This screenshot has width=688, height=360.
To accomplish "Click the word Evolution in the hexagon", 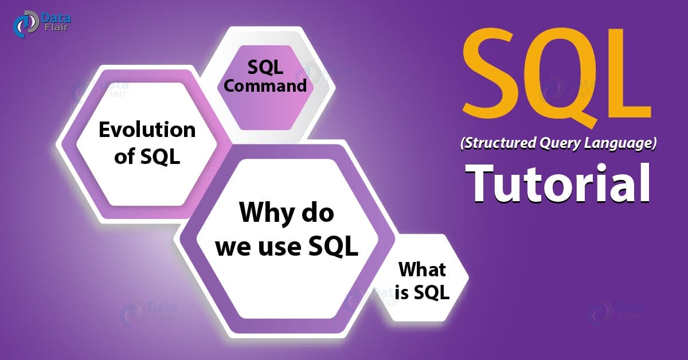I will [x=147, y=130].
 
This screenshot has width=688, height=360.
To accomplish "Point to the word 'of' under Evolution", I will [x=124, y=156].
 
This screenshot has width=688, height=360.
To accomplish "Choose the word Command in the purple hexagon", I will [x=265, y=86].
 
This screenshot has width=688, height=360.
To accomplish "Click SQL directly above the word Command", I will [x=265, y=67].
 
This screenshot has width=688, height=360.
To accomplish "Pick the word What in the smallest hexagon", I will [x=422, y=269].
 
